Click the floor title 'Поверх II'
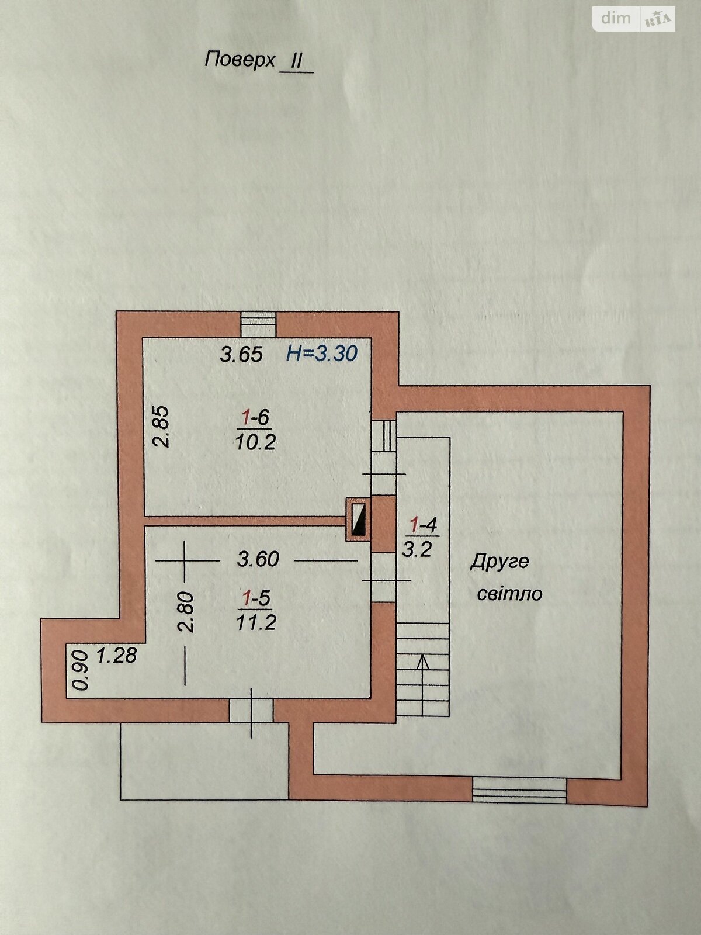click(x=259, y=61)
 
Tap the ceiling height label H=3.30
click(x=322, y=354)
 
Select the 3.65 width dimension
click(x=241, y=354)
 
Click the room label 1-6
click(x=255, y=417)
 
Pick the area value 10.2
click(x=255, y=442)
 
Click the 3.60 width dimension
click(x=258, y=559)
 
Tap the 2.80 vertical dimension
click(x=186, y=612)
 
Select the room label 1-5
click(x=256, y=598)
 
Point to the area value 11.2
click(x=256, y=624)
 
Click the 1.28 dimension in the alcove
click(x=117, y=656)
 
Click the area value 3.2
click(x=417, y=550)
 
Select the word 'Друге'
click(x=499, y=562)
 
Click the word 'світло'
click(x=509, y=594)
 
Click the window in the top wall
click(x=259, y=324)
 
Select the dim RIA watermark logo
click(x=633, y=18)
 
